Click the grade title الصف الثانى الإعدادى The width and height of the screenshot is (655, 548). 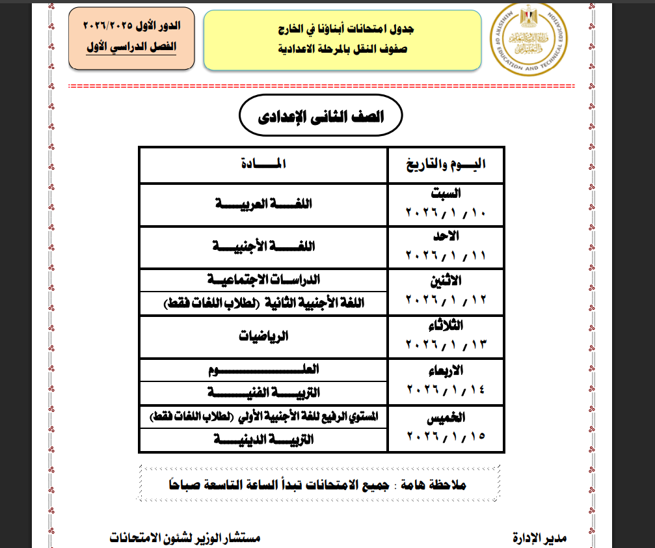[x=321, y=117]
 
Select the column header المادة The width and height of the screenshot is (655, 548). [x=263, y=165]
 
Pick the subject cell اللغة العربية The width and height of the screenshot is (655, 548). [x=263, y=204]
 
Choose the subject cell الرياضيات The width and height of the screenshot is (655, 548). [x=263, y=337]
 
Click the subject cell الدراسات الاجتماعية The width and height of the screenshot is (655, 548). [x=263, y=280]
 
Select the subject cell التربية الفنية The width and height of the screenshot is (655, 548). [x=263, y=392]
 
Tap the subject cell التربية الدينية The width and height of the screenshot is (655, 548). [x=263, y=440]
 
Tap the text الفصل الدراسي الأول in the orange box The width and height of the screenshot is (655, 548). [x=132, y=48]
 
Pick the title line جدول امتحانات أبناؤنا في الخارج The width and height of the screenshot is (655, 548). [x=342, y=29]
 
